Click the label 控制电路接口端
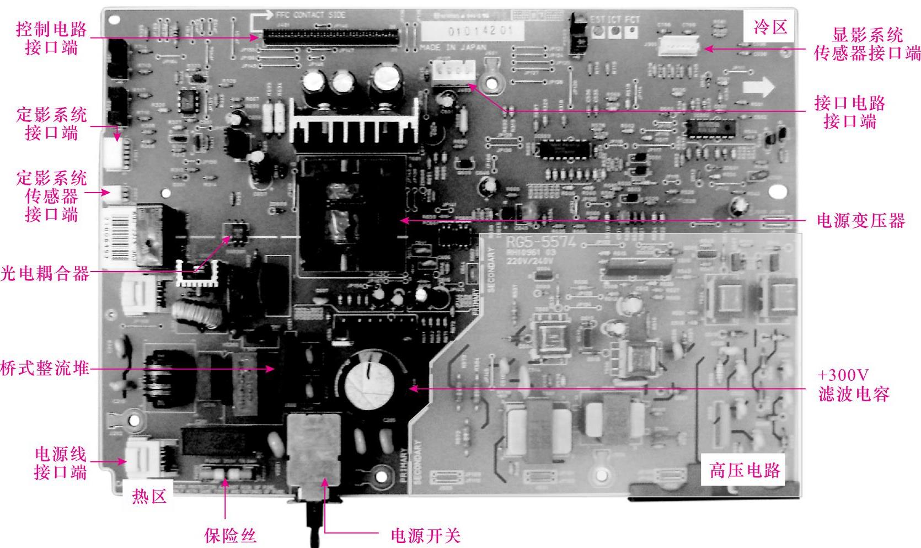click(x=51, y=38)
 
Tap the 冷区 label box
click(x=770, y=26)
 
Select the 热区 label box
click(x=149, y=496)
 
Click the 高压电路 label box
click(x=745, y=470)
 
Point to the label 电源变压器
click(x=860, y=221)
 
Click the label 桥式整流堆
click(x=45, y=368)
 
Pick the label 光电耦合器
click(x=45, y=273)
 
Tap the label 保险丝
click(x=230, y=535)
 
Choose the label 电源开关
click(x=425, y=535)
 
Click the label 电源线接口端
click(x=60, y=463)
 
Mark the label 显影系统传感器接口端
click(x=867, y=44)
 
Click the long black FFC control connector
click(x=331, y=37)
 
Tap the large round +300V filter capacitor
click(x=369, y=380)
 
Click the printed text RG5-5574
click(x=540, y=242)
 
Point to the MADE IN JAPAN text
click(x=452, y=48)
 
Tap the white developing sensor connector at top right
click(x=677, y=45)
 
